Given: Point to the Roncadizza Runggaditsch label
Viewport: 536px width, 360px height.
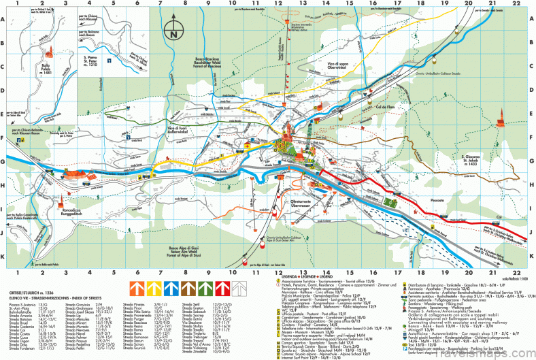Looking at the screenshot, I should [76, 211].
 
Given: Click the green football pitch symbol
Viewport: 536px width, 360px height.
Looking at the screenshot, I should [390, 201].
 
